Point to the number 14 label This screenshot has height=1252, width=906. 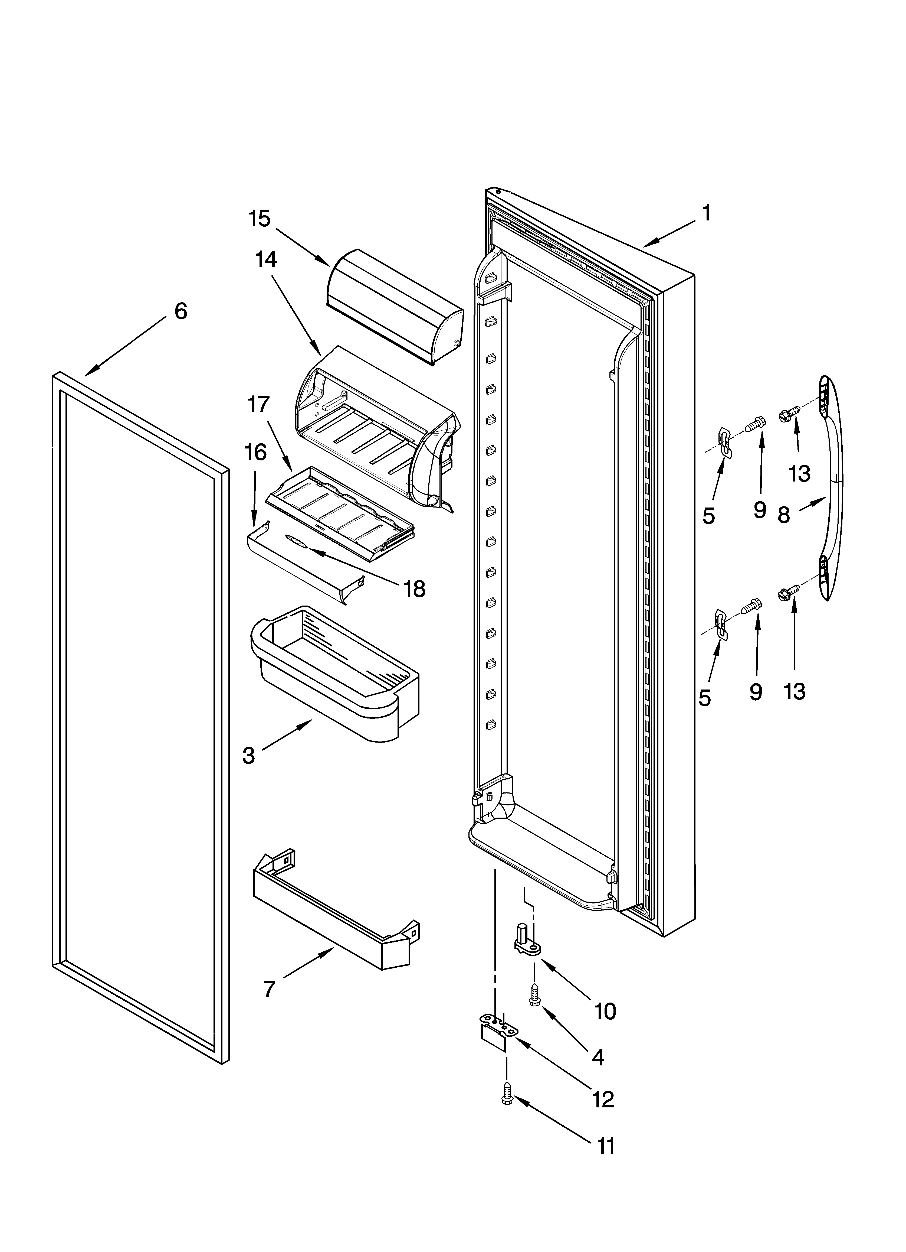click(266, 259)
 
